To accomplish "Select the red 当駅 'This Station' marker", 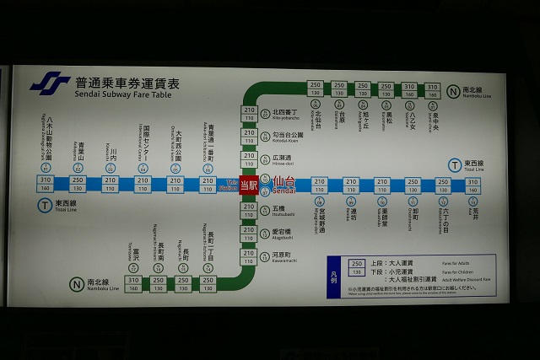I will pyautogui.click(x=249, y=184).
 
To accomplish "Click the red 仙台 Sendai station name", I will pyautogui.click(x=284, y=182).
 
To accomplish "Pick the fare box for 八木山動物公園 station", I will pyautogui.click(x=45, y=184).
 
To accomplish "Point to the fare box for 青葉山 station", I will pyautogui.click(x=78, y=184).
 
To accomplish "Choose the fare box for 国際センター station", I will pyautogui.click(x=143, y=184).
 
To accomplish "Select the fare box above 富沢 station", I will pyautogui.click(x=134, y=284).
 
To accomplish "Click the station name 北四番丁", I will pyautogui.click(x=283, y=113).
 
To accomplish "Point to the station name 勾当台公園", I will pyautogui.click(x=287, y=136).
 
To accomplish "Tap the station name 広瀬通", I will pyautogui.click(x=281, y=159).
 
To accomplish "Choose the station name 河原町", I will pyautogui.click(x=281, y=255).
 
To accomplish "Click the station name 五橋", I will pyautogui.click(x=278, y=207).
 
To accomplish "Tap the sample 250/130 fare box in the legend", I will pyautogui.click(x=356, y=267).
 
